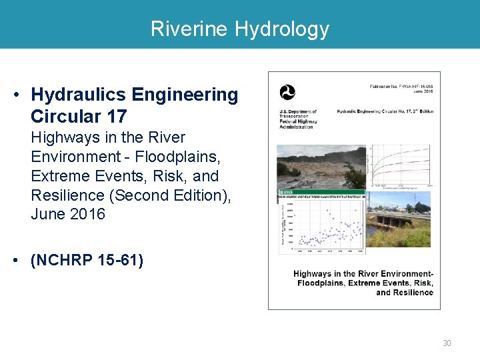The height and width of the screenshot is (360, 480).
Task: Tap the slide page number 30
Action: (447, 343)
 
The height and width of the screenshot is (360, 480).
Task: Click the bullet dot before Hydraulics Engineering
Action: (15, 95)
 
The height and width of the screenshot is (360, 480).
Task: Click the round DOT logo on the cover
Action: (287, 93)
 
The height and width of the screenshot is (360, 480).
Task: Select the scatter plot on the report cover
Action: (323, 227)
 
